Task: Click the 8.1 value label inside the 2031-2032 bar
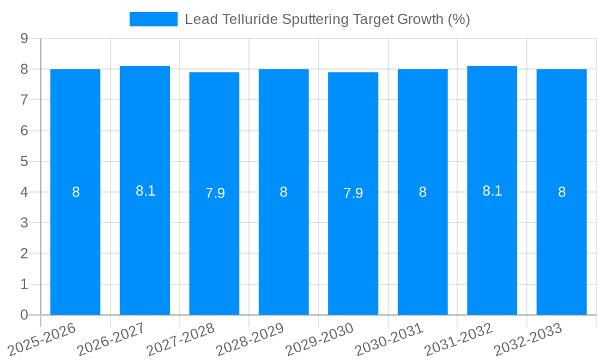(492, 191)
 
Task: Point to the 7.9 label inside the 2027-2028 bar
(215, 193)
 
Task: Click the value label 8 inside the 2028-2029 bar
(283, 192)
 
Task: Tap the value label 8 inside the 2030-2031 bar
(422, 192)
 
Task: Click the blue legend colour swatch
(154, 19)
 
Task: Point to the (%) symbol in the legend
(459, 19)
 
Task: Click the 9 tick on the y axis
(24, 38)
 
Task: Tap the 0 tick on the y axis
(24, 315)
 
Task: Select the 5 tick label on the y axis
(24, 161)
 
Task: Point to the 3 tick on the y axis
(24, 223)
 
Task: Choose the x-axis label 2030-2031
(388, 339)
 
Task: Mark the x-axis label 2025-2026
(42, 339)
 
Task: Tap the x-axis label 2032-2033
(527, 339)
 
